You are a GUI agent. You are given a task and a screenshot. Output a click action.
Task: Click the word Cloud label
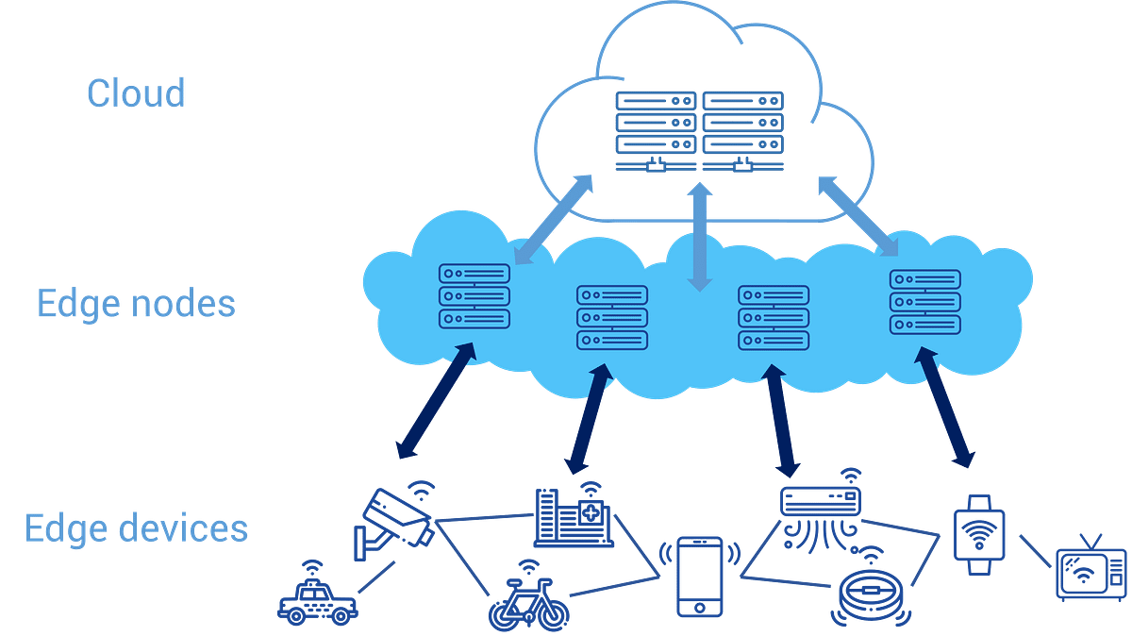(x=136, y=93)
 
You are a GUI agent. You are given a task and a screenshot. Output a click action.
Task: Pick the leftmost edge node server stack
(x=474, y=296)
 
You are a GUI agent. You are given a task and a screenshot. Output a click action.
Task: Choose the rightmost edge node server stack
(x=924, y=301)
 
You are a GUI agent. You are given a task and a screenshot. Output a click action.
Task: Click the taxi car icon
(x=317, y=599)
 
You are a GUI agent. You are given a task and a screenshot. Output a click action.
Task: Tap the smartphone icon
(x=699, y=576)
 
